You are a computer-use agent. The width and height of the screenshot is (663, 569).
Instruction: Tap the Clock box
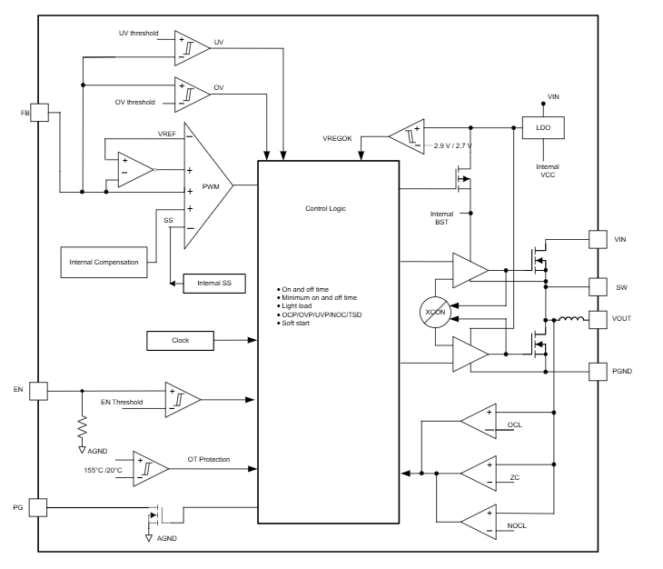click(180, 341)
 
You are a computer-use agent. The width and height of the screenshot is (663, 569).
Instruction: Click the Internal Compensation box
click(104, 262)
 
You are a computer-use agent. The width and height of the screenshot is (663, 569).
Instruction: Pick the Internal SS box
click(214, 284)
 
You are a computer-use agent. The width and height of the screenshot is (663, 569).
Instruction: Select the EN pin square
click(38, 390)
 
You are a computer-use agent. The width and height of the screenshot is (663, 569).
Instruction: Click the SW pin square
click(597, 287)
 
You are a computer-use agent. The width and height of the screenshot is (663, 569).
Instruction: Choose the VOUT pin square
click(597, 320)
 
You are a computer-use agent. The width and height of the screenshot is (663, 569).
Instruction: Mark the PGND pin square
click(597, 371)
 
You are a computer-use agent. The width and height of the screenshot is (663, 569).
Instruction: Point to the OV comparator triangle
click(193, 91)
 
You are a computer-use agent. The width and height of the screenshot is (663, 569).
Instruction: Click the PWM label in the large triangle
click(212, 185)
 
